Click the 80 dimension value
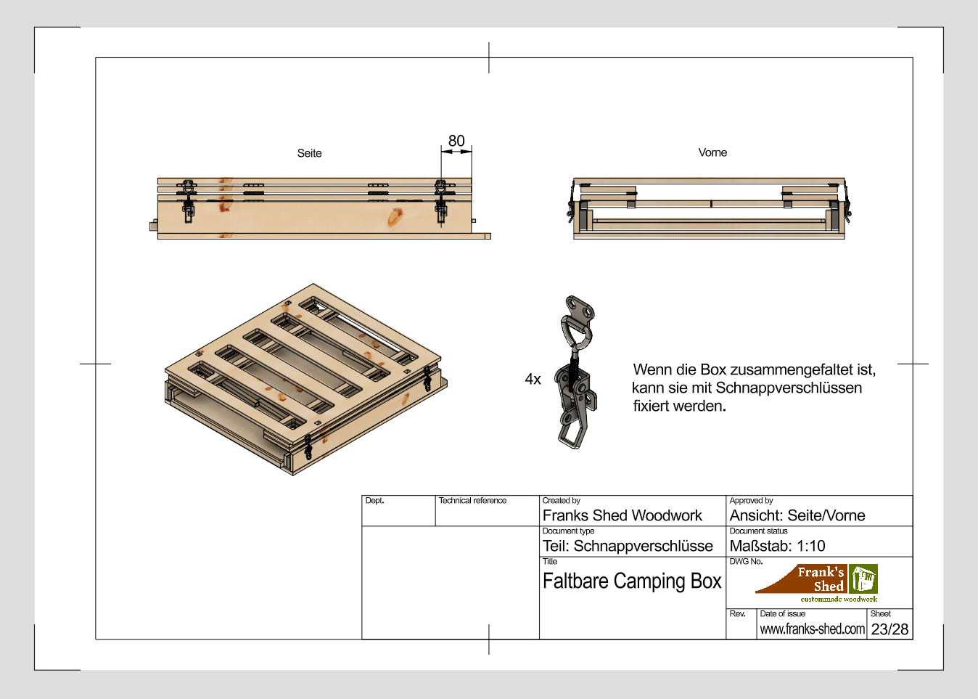(x=456, y=141)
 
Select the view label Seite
(x=309, y=153)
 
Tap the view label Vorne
(x=712, y=152)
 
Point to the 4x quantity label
(x=533, y=379)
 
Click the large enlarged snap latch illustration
(x=577, y=372)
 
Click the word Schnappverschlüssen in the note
(x=789, y=388)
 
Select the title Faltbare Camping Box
(x=631, y=581)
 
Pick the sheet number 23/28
(x=889, y=629)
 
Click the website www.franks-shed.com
(x=812, y=629)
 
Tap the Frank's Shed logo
(x=818, y=583)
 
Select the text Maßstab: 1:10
(x=777, y=546)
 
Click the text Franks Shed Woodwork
(x=622, y=515)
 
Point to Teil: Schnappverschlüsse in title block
(x=628, y=546)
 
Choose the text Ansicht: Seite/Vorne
(x=797, y=515)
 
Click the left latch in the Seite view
(x=189, y=200)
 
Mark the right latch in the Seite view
(x=441, y=201)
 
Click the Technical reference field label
(x=472, y=501)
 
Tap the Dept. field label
(x=374, y=501)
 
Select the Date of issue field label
(x=782, y=614)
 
